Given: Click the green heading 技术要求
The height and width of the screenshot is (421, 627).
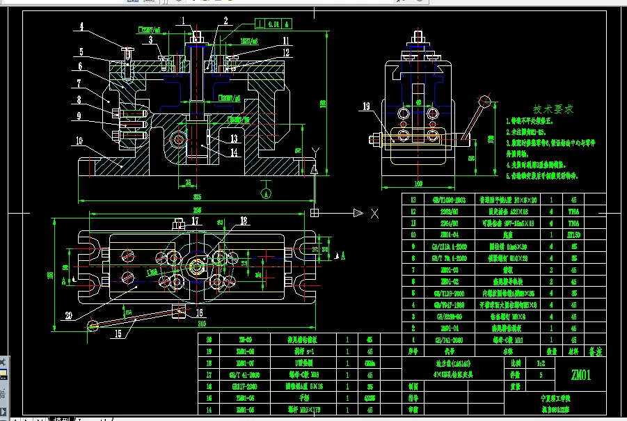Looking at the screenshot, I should pos(553,109).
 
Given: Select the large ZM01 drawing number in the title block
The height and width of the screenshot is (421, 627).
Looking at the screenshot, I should pos(581,376).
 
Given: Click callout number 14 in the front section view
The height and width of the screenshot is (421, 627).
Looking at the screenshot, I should pos(234,151).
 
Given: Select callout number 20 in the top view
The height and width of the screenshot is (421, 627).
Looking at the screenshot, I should pos(87,315).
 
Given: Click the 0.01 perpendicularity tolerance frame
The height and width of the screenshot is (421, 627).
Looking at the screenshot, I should pos(272,24).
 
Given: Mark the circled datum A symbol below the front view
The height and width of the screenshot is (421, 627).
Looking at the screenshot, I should pos(264,189).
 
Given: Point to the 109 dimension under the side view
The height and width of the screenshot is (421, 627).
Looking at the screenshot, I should pos(418,184).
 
